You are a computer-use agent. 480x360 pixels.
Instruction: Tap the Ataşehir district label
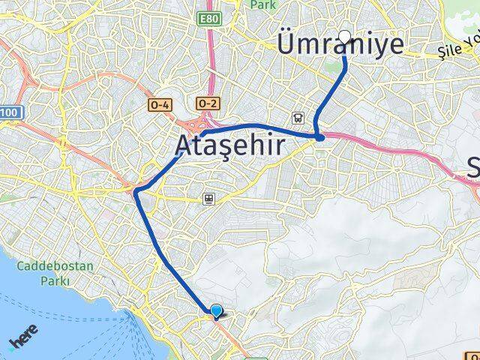(231, 145)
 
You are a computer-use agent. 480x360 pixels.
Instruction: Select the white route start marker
(345, 36)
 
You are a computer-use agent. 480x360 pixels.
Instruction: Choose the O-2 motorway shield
(208, 102)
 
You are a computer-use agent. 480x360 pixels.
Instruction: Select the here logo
(25, 341)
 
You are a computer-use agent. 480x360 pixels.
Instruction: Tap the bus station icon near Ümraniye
(298, 118)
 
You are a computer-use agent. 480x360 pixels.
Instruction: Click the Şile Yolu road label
(459, 48)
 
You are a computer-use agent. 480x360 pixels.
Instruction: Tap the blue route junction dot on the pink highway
(320, 136)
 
